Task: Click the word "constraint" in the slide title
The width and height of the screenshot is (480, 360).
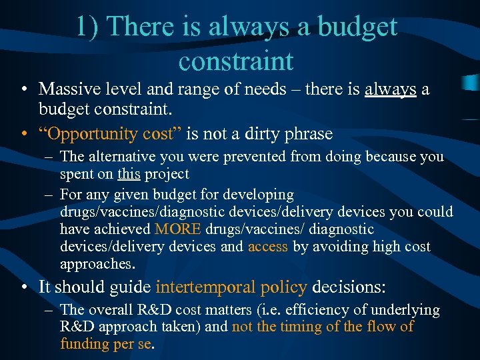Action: click(x=236, y=61)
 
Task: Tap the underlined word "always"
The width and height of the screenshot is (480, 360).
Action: click(x=391, y=89)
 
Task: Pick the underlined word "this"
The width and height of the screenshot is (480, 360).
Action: click(x=129, y=174)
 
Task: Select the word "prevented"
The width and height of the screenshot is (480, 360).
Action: click(x=253, y=157)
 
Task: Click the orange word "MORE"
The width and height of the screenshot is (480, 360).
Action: click(x=178, y=229)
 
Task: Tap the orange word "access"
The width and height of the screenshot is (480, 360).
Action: click(x=267, y=247)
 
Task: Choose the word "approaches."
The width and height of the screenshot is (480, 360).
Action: click(x=97, y=264)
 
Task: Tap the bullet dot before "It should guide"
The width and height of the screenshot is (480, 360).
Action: click(x=24, y=288)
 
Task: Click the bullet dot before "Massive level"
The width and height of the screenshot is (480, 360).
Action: click(x=24, y=89)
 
